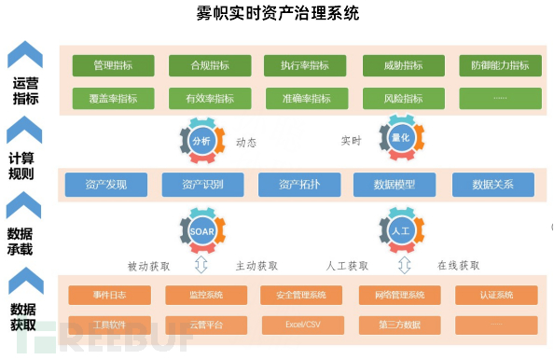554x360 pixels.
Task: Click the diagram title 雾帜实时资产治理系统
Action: (x=278, y=14)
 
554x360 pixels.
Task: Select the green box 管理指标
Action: (x=113, y=66)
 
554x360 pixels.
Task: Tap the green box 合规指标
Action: (x=210, y=66)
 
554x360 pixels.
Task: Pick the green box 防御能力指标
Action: (x=500, y=66)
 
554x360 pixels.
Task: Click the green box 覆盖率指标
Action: (x=113, y=98)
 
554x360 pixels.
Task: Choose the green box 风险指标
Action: (x=403, y=98)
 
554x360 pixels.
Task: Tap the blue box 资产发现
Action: (x=106, y=185)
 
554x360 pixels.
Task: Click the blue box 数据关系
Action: (x=492, y=185)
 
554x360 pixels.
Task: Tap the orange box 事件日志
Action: (x=109, y=296)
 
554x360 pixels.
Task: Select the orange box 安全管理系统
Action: (x=300, y=296)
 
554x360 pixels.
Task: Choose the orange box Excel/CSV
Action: (x=300, y=325)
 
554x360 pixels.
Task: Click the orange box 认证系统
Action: (x=496, y=296)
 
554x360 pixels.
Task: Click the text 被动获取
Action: (x=149, y=266)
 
